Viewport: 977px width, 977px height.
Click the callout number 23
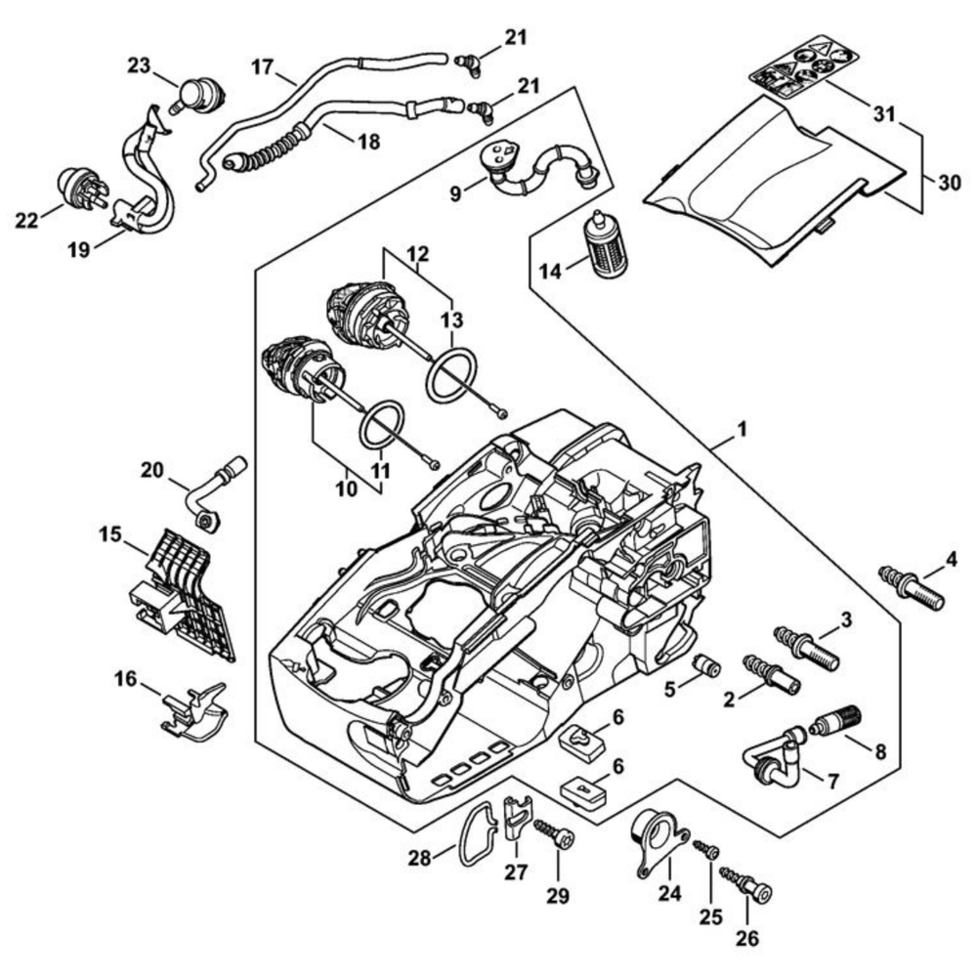(140, 65)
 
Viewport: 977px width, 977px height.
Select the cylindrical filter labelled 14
(607, 245)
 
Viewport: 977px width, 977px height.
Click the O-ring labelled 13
(451, 372)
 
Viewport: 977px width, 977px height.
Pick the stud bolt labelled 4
(912, 587)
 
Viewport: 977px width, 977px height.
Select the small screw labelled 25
(705, 851)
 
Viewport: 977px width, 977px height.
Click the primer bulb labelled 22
(81, 189)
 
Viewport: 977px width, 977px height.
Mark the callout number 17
(261, 67)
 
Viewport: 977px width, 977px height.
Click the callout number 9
(454, 192)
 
